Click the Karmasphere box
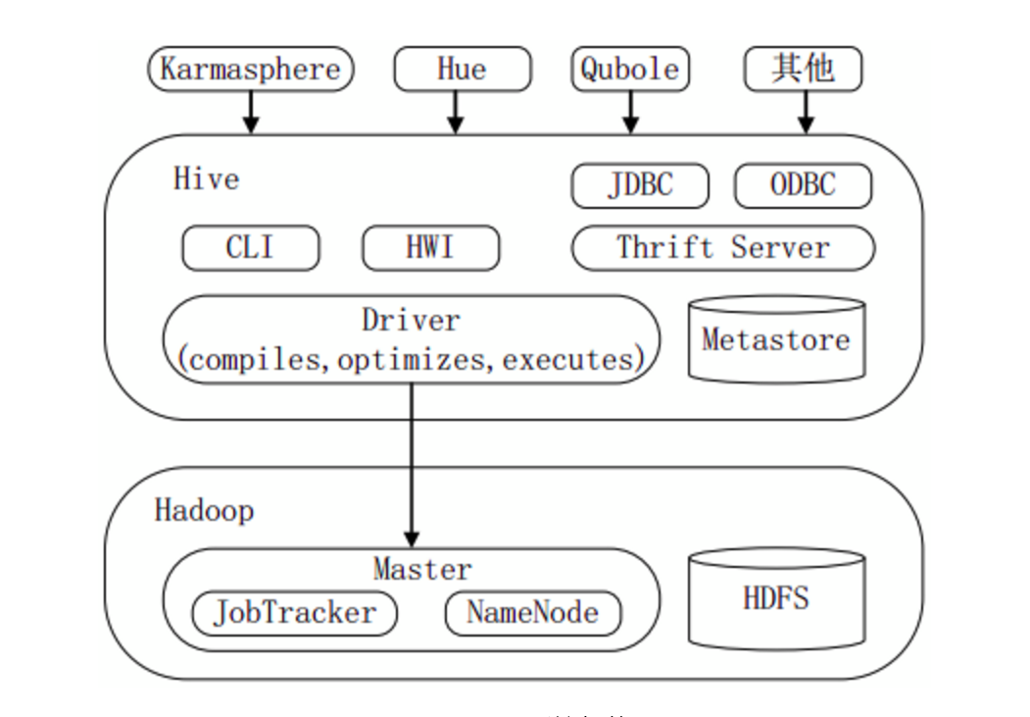[250, 70]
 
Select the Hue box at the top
[462, 70]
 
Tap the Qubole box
[630, 70]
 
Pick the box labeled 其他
[804, 70]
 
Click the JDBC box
[640, 185]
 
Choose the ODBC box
[803, 185]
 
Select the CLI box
[250, 247]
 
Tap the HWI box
[430, 247]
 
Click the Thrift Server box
[722, 247]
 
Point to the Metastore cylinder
[776, 340]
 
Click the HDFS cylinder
[776, 598]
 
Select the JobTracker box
[294, 613]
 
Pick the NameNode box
[533, 613]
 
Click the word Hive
[206, 179]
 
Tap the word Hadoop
[204, 511]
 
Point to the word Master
[422, 569]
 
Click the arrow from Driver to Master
[412, 461]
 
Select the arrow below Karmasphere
[251, 112]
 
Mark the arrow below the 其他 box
[806, 112]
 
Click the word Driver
[411, 320]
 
